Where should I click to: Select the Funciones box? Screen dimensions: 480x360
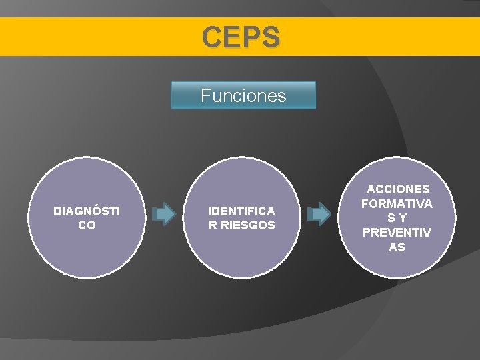click(243, 95)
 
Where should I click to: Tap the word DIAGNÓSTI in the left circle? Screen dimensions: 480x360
click(87, 211)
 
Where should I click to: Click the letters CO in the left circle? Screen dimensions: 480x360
click(87, 225)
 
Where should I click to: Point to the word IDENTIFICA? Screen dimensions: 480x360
click(241, 211)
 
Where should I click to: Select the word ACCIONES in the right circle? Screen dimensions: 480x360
click(398, 189)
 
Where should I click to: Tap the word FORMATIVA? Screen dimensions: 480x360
click(397, 203)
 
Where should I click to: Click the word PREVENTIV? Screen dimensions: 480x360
click(397, 233)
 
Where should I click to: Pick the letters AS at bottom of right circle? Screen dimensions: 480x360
click(397, 247)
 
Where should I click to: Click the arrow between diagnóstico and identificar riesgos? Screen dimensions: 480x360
click(164, 214)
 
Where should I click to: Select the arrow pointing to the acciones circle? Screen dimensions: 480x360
click(319, 214)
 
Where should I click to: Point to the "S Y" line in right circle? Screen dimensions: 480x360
click(397, 218)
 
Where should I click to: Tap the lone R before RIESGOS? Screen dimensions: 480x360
click(212, 225)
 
